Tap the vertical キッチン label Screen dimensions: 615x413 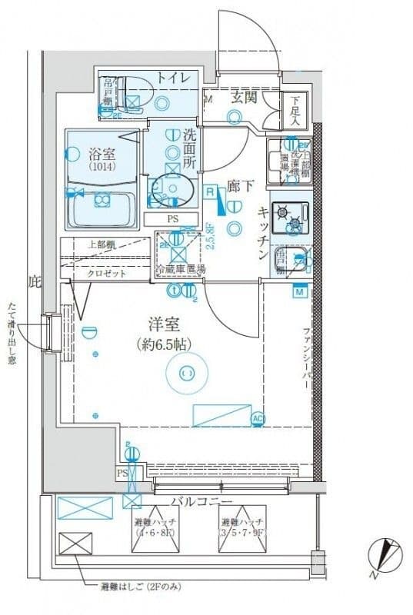pyautogui.click(x=261, y=234)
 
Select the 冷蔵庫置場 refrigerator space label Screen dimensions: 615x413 pyautogui.click(x=181, y=270)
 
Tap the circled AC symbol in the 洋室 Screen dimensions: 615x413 pyautogui.click(x=258, y=418)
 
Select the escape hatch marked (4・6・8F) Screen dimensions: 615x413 pyautogui.click(x=155, y=529)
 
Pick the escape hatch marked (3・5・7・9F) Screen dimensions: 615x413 pyautogui.click(x=243, y=529)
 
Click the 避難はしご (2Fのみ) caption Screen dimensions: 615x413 pyautogui.click(x=141, y=587)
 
